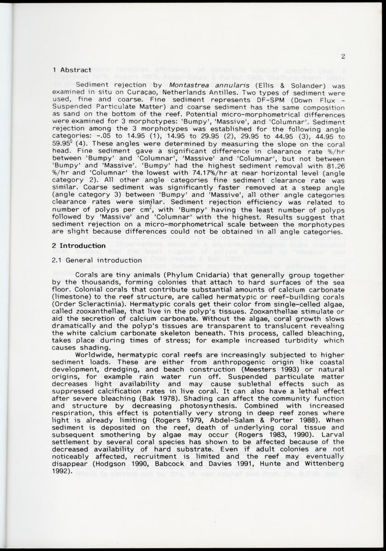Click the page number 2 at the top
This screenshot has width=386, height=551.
(343, 56)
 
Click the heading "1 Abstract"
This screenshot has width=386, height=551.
(72, 70)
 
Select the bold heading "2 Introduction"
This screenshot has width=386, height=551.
(79, 246)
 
